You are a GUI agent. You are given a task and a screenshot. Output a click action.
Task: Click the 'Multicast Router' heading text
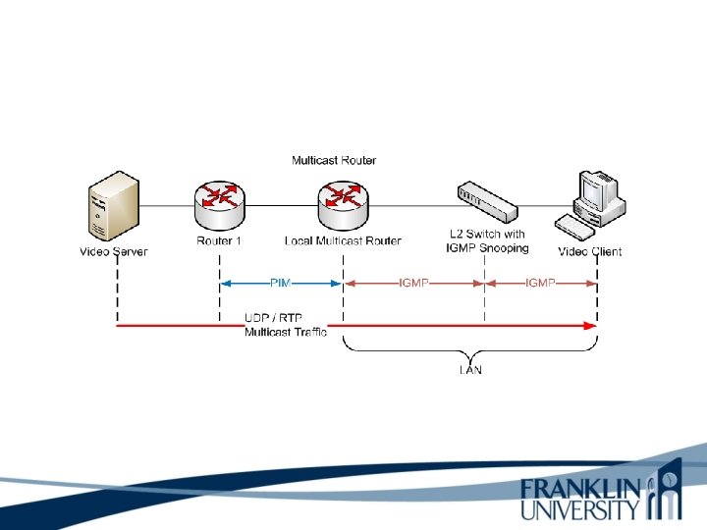334,160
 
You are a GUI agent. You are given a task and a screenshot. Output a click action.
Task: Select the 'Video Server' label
113,251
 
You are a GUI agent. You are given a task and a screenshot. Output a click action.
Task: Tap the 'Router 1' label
215,240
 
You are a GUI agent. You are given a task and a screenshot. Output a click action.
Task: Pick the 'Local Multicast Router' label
343,240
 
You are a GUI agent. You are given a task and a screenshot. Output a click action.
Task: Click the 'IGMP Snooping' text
487,248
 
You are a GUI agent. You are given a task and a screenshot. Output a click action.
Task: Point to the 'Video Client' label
590,251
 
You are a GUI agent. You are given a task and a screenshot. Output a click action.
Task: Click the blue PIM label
281,283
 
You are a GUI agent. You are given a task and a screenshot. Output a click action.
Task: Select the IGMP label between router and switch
413,283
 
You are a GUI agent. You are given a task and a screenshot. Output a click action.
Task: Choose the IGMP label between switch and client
540,283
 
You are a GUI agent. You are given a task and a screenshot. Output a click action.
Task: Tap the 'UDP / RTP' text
273,318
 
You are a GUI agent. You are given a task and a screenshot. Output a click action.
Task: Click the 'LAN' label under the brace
470,371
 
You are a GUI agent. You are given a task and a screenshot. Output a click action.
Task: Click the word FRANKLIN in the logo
580,488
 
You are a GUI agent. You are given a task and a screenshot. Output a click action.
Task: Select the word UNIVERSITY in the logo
580,509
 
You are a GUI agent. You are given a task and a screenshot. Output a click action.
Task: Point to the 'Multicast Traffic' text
286,333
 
